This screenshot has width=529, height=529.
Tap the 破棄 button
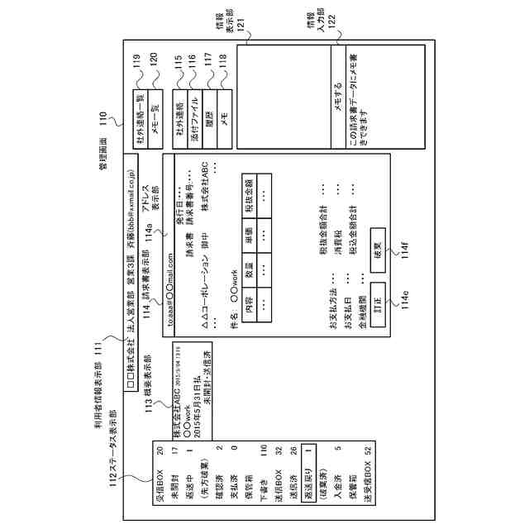pyautogui.click(x=376, y=250)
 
